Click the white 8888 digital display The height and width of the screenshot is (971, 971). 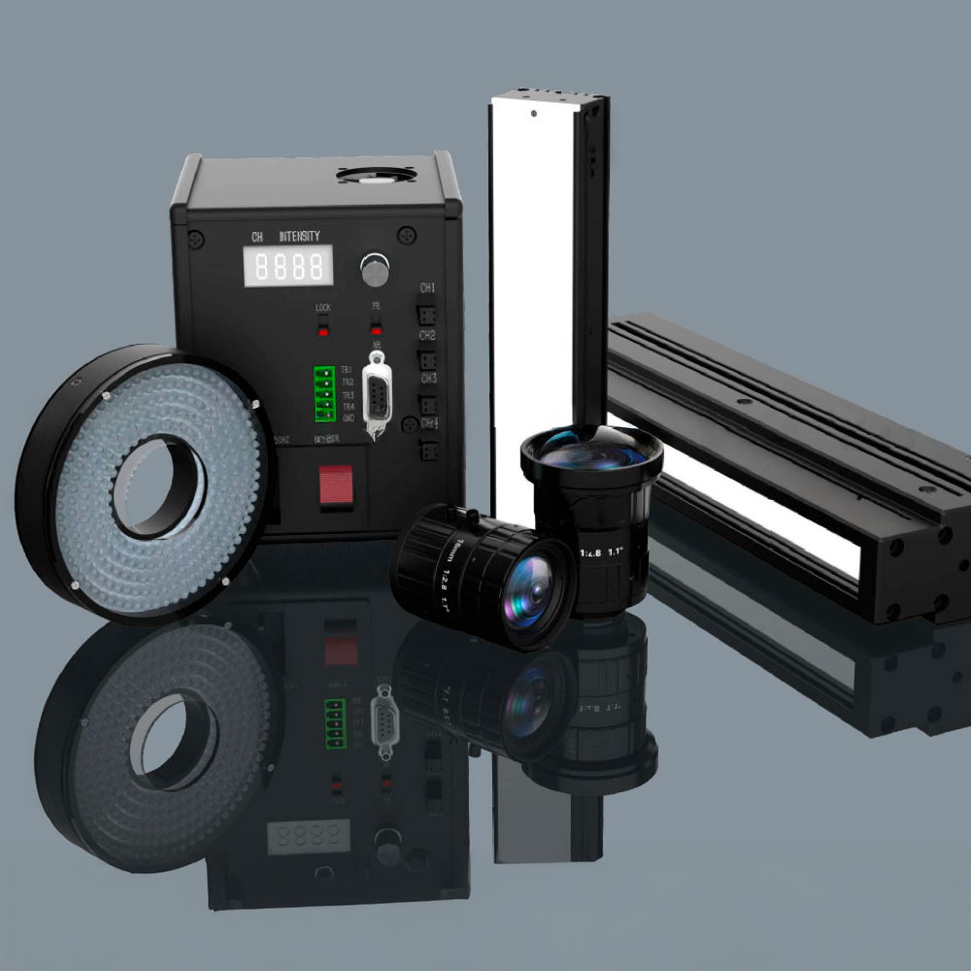[x=288, y=265]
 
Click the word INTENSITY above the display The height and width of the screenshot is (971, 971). [x=300, y=237]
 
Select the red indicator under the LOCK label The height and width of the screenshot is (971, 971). [x=324, y=330]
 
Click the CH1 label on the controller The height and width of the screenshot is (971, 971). [x=427, y=288]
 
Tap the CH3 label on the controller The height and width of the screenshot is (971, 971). [x=427, y=379]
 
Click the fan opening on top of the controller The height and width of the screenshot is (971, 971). [x=376, y=176]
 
